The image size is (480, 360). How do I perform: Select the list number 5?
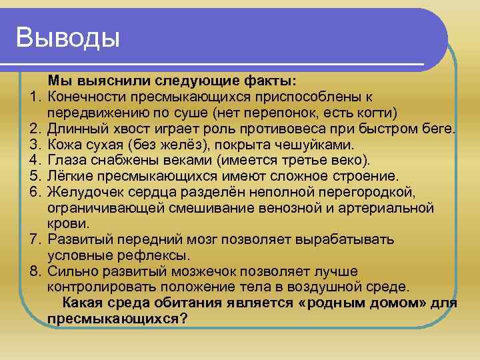coord(34,176)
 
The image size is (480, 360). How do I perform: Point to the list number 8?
coord(34,271)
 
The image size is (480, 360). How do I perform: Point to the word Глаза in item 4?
coord(67,160)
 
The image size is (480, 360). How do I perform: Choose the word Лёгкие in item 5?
coord(71,176)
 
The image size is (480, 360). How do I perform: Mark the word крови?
coord(65,223)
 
